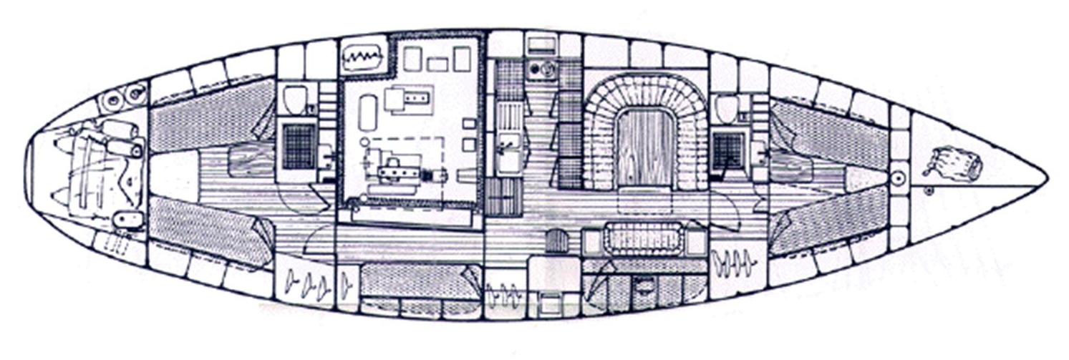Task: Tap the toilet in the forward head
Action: tap(726, 109)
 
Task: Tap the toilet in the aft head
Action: tap(295, 100)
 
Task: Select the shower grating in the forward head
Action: tap(728, 151)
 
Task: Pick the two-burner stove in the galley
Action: tap(542, 69)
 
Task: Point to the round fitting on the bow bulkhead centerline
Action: tap(899, 176)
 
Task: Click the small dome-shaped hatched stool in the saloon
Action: tap(556, 241)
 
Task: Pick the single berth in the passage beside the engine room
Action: tap(420, 281)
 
